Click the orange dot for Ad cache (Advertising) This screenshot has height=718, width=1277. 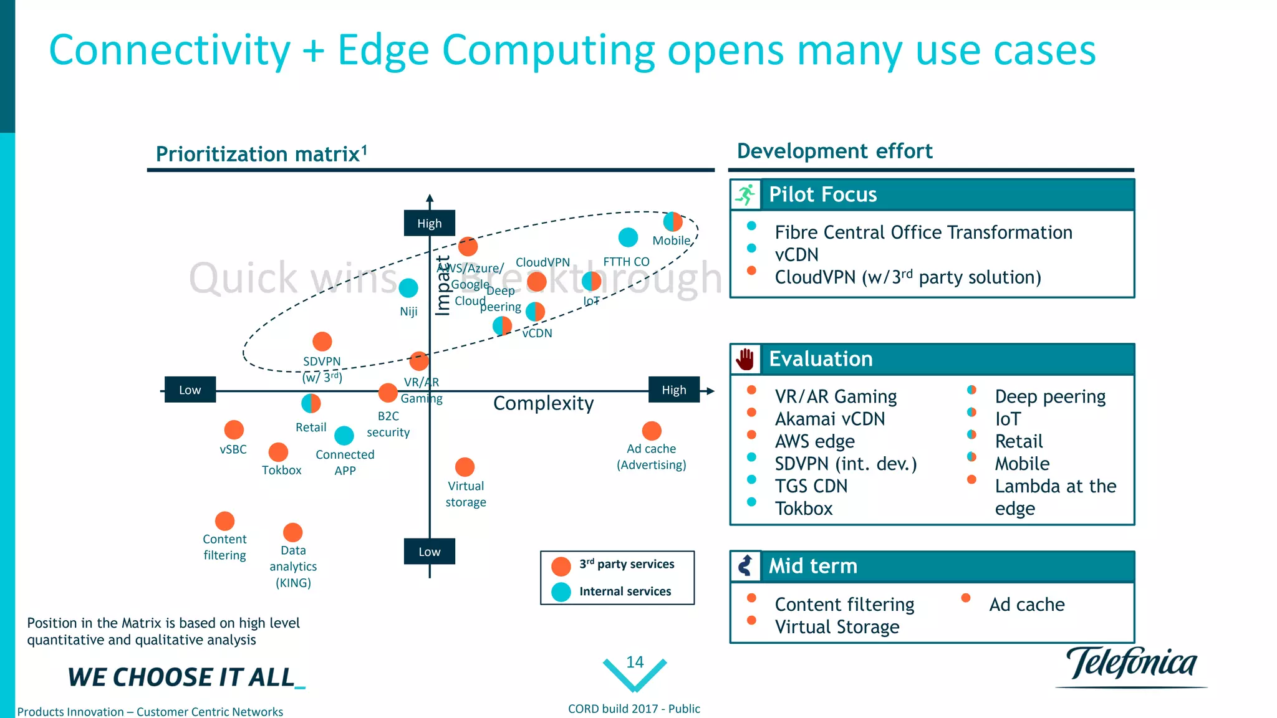(x=652, y=431)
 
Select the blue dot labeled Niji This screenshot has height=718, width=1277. (x=408, y=288)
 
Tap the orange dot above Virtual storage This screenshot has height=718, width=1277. (x=465, y=467)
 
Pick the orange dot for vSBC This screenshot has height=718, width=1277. (x=234, y=429)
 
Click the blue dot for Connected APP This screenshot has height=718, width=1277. (x=344, y=435)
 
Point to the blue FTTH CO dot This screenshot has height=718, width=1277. (x=628, y=237)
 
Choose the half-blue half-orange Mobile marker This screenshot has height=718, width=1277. (x=673, y=221)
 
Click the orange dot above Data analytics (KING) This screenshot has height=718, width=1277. (x=292, y=532)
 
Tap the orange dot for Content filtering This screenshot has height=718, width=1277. (x=224, y=520)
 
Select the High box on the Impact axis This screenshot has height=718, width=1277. (x=429, y=223)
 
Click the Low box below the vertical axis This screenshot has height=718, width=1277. (x=429, y=552)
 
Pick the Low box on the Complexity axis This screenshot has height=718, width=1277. (x=190, y=390)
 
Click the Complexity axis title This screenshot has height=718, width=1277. (x=543, y=403)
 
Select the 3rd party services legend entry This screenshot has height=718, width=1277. (x=626, y=564)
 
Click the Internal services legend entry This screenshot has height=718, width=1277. (x=625, y=591)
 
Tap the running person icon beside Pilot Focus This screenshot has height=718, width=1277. (x=745, y=194)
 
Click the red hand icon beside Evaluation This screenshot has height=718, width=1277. (x=745, y=359)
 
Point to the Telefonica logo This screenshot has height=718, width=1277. (x=1131, y=664)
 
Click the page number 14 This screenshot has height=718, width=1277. (x=635, y=662)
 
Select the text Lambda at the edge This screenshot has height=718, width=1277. (x=1055, y=497)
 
